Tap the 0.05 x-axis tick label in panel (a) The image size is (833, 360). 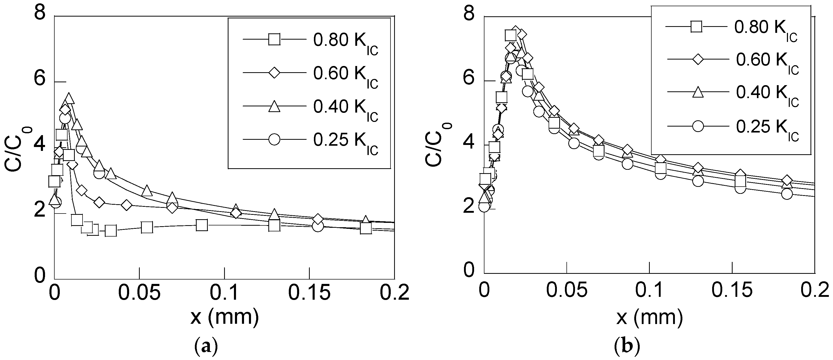point(139,293)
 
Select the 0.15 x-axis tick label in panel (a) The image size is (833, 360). point(309,293)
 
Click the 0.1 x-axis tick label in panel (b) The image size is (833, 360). point(649,290)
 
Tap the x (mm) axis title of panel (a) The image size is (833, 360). point(224,318)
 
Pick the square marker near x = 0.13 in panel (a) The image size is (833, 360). point(274,226)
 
